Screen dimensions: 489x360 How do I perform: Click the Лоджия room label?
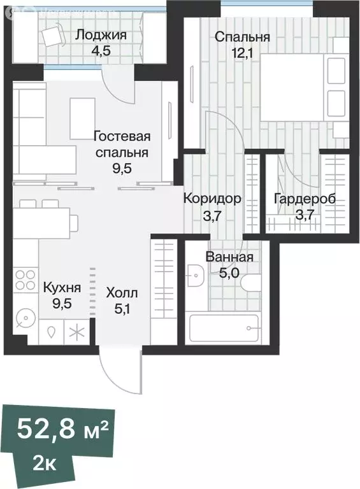point(101,35)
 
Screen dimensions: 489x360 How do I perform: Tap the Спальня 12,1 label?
point(241,37)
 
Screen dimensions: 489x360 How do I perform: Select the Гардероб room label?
point(304,199)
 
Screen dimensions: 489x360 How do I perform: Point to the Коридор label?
point(212,199)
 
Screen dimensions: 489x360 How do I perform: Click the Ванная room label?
point(229,257)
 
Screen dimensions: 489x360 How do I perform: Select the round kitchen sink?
point(25,317)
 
